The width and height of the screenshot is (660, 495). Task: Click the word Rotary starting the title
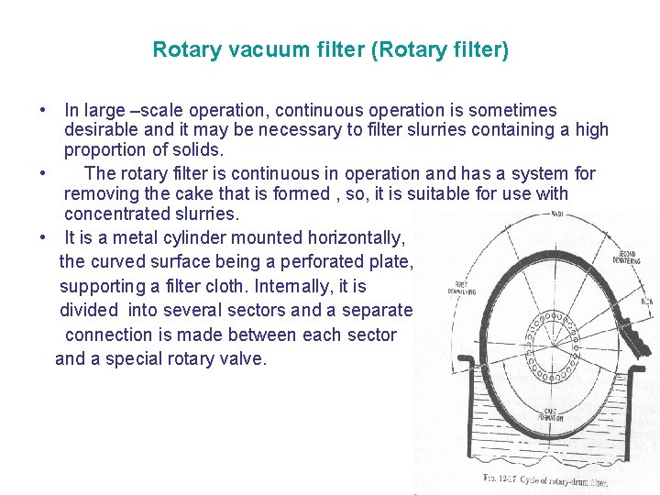tap(181, 49)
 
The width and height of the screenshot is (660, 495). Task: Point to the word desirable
tap(104, 129)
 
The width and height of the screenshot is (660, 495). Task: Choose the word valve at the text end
tap(243, 358)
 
